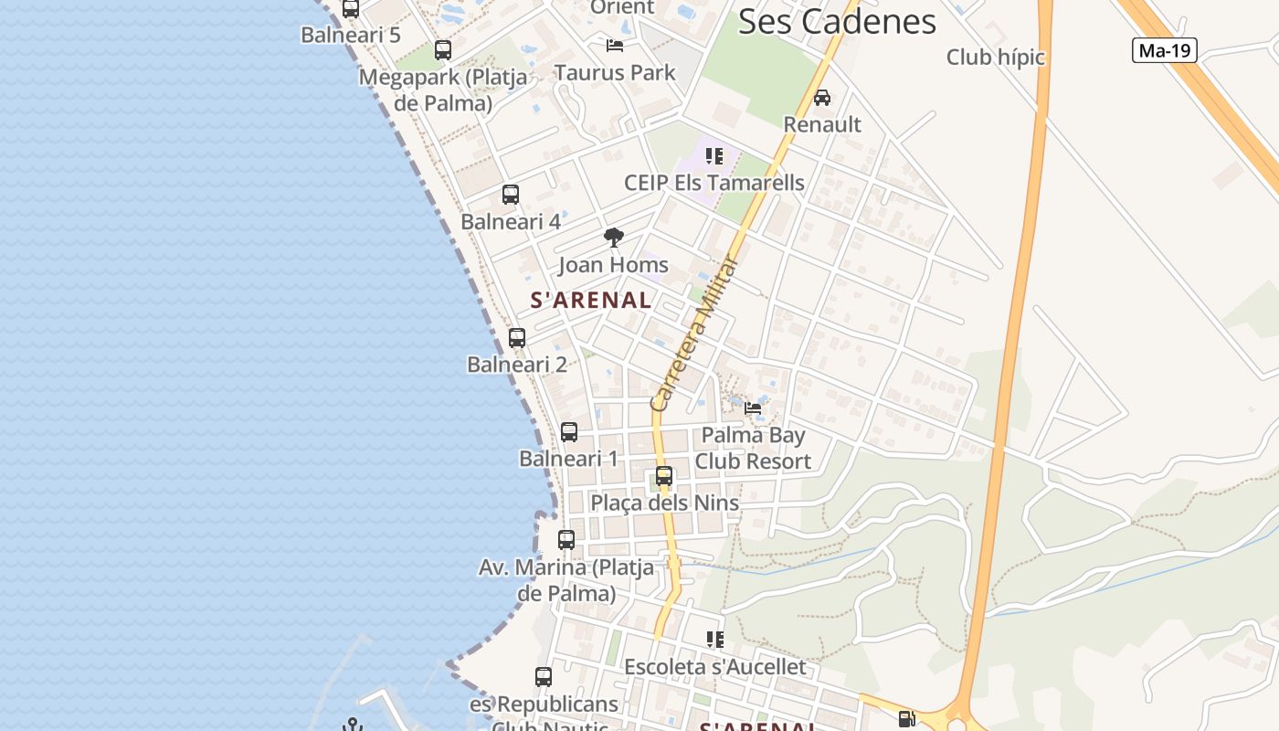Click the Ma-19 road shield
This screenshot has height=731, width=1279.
coord(1165,50)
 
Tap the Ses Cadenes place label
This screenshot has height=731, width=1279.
coord(837,22)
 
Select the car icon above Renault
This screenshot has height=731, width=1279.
coord(821,98)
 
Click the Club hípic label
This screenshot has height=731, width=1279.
coord(995,57)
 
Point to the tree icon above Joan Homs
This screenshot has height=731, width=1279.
coord(614,238)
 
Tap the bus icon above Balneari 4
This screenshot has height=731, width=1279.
coord(511,195)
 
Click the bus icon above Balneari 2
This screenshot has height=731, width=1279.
coord(517,338)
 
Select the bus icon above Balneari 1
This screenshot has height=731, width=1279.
coord(569,432)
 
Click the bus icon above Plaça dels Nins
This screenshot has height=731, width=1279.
coord(664,476)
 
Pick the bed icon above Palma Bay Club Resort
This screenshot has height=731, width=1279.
coord(753,408)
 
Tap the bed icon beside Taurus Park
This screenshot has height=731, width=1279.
coord(615,45)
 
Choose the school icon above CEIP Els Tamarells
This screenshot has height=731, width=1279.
coord(714,156)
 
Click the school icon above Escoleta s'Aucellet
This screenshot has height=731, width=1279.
coord(714,640)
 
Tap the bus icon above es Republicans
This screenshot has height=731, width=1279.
coord(544,677)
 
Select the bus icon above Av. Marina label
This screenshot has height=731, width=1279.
coord(566,540)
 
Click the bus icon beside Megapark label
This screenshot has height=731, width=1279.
coord(443,50)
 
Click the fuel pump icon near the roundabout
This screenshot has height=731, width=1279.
coord(906,719)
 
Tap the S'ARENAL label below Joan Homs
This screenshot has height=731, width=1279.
coord(591,300)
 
